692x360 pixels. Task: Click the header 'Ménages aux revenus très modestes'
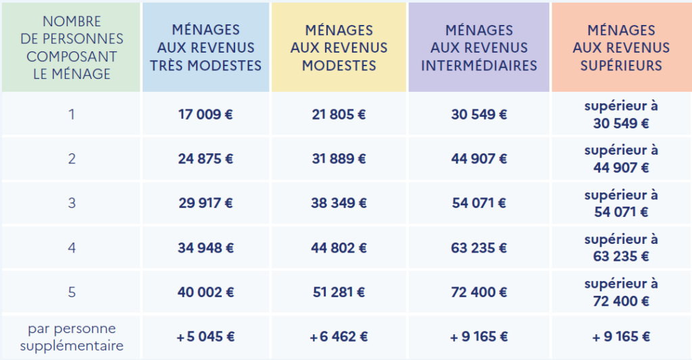point(206,47)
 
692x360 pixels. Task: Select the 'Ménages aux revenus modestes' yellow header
point(339,47)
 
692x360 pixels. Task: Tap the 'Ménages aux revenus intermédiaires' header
point(478,47)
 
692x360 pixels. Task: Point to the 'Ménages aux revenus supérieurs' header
point(621,47)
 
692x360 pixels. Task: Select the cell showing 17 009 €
point(206,114)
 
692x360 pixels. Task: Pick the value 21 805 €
point(339,114)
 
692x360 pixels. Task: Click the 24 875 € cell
point(206,159)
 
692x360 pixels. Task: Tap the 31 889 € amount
point(339,159)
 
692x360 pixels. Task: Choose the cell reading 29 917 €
point(206,203)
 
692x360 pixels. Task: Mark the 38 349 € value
point(339,203)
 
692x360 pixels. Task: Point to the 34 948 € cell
point(206,248)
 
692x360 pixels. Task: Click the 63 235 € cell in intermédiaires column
point(478,248)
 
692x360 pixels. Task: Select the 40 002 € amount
point(206,292)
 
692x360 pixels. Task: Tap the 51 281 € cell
point(339,292)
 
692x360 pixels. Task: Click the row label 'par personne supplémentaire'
point(72,337)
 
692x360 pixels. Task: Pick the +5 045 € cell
point(206,337)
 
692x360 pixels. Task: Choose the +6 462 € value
point(339,337)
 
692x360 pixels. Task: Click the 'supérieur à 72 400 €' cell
point(621,292)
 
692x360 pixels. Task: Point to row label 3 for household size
point(72,203)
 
